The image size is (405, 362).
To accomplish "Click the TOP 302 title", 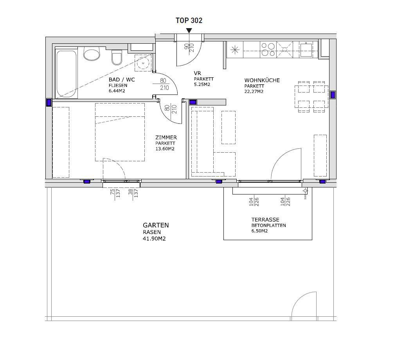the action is [x=189, y=20].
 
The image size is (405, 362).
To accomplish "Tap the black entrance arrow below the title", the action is [x=189, y=31].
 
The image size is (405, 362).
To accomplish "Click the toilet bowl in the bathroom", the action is [x=117, y=57].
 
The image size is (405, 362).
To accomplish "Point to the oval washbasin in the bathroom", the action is [x=92, y=54].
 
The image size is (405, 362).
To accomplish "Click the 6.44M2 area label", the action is [x=117, y=91].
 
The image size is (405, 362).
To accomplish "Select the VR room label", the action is [x=197, y=73].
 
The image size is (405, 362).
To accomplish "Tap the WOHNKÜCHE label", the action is [x=262, y=80].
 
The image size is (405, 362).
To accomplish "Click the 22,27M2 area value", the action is [x=254, y=91].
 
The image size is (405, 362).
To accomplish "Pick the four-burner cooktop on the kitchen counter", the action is [x=268, y=49].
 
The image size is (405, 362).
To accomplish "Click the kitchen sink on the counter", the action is [x=306, y=49].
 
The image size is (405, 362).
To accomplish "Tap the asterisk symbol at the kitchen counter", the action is [x=235, y=50].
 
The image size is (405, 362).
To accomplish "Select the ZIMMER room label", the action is [x=166, y=137].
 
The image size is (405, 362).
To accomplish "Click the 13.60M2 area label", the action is [x=165, y=149].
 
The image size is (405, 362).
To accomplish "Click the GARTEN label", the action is [x=156, y=225].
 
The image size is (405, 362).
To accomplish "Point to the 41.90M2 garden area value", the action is [x=154, y=239].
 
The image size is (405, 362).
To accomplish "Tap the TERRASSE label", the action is [x=265, y=220].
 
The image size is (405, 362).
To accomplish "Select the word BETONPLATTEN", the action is [x=268, y=225].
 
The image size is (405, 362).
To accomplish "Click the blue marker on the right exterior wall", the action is [x=333, y=95].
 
